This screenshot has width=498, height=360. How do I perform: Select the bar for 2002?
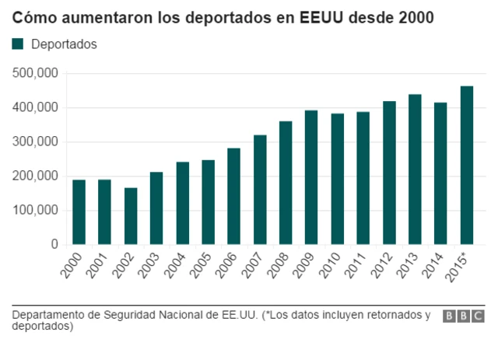tap(131, 216)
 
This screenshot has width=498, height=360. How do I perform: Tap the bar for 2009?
tap(311, 177)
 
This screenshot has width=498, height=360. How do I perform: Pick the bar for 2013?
tap(415, 169)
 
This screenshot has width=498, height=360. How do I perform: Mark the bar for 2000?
tap(79, 211)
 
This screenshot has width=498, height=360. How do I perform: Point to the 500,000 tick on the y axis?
tap(37, 73)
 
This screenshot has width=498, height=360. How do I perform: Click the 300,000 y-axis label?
tap(37, 142)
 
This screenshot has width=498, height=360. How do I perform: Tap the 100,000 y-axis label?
tap(37, 210)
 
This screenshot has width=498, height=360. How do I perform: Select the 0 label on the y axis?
tap(54, 244)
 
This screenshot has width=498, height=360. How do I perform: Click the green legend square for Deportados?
tap(18, 44)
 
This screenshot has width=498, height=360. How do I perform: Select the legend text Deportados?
tap(64, 44)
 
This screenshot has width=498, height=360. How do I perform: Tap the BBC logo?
tap(464, 316)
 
